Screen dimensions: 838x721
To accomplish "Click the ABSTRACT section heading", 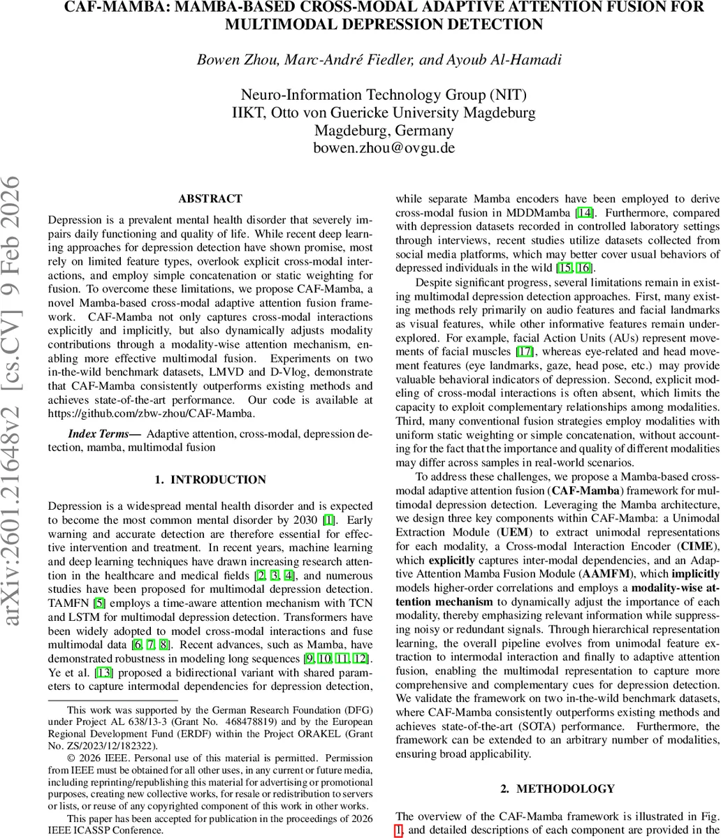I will tap(210, 199).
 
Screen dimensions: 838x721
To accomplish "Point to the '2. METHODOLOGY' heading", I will tap(558, 788).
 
